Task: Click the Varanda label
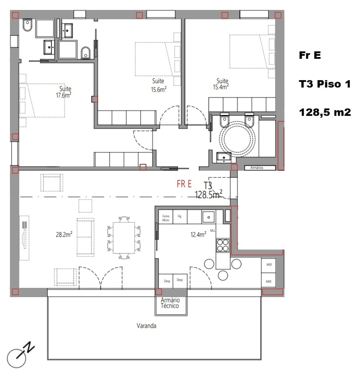pyautogui.click(x=146, y=326)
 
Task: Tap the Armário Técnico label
pyautogui.click(x=170, y=303)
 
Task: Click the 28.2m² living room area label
pyautogui.click(x=64, y=234)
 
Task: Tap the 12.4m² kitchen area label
pyautogui.click(x=198, y=234)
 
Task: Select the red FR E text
pyautogui.click(x=184, y=184)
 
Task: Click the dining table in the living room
pyautogui.click(x=124, y=238)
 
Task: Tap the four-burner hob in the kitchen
pyautogui.click(x=223, y=245)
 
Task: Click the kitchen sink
pyautogui.click(x=209, y=217)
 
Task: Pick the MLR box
pyautogui.click(x=269, y=265)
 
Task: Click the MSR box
pyautogui.click(x=269, y=281)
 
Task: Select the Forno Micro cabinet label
pyautogui.click(x=166, y=218)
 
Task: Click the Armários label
pyautogui.click(x=257, y=168)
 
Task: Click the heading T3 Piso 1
pyautogui.click(x=325, y=84)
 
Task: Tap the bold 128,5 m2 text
pyautogui.click(x=325, y=112)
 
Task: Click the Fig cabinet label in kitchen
pyautogui.click(x=179, y=216)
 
